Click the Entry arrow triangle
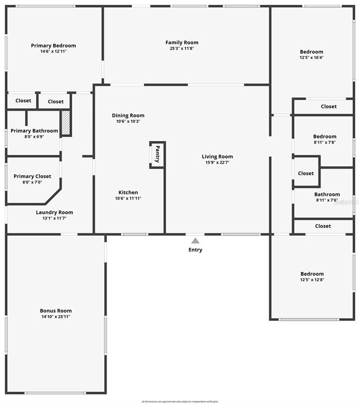click(x=195, y=241)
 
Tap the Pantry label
click(x=157, y=155)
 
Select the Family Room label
click(x=182, y=43)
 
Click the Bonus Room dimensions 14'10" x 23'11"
click(x=55, y=317)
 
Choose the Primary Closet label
click(x=32, y=176)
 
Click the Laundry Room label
click(x=54, y=212)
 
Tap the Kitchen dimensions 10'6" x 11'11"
click(x=128, y=199)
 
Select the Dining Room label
click(x=128, y=115)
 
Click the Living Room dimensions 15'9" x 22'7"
click(x=217, y=163)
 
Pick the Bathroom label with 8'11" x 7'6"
click(x=327, y=194)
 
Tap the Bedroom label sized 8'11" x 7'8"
click(x=325, y=136)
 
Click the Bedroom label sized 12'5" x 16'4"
click(x=312, y=52)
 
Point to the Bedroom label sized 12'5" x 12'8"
click(x=312, y=274)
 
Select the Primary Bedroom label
click(x=53, y=45)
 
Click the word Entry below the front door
click(x=195, y=250)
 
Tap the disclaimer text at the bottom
click(x=180, y=401)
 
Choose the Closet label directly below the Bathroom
click(x=323, y=226)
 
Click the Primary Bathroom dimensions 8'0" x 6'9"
click(x=34, y=137)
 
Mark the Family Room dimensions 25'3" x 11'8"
click(x=182, y=48)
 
